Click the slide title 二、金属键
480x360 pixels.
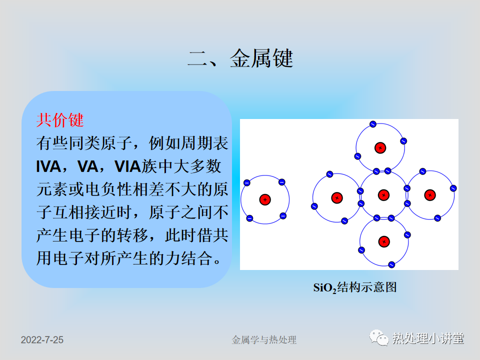240,58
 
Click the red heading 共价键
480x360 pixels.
60,120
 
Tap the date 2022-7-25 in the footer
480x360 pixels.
42,340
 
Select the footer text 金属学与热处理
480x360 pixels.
264,340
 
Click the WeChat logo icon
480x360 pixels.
379,337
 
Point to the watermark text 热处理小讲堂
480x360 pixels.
428,338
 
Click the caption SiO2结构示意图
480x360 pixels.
355,287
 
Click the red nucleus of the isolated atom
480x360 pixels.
265,199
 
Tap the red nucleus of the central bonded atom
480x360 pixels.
383,195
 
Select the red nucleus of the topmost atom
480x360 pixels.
380,148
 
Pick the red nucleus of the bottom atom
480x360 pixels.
384,241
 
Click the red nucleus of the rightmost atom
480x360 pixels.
430,195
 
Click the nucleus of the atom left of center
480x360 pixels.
337,198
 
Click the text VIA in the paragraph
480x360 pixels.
127,167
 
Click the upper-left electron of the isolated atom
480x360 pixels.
246,183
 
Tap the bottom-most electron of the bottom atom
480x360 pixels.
391,265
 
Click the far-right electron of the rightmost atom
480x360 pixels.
453,188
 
